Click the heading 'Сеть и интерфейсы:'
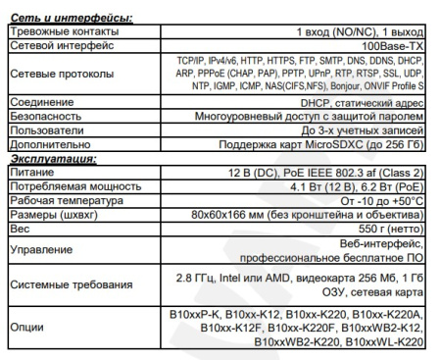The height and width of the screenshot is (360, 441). (x=67, y=19)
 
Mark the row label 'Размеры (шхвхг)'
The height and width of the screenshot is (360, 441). (x=50, y=210)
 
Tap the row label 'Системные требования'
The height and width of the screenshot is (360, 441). (x=70, y=284)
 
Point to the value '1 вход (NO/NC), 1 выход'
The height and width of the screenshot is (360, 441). (x=355, y=32)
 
